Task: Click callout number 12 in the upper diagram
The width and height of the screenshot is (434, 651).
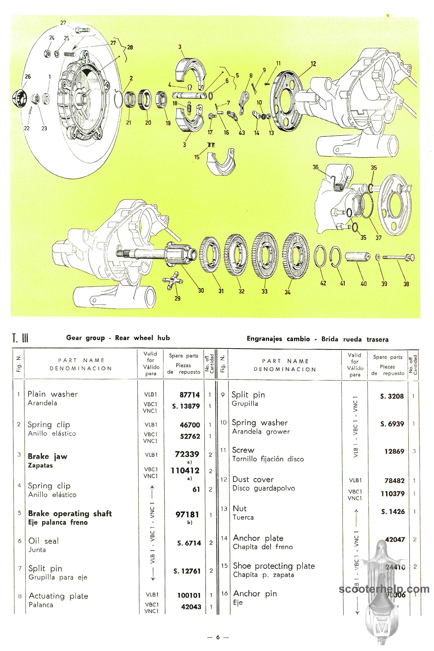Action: (313, 64)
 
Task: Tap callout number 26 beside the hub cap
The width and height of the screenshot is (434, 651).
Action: (28, 77)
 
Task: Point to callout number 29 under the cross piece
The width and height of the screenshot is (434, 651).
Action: (177, 298)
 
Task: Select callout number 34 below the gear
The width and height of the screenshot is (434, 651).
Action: (288, 292)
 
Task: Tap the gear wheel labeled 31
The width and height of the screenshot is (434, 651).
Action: (210, 254)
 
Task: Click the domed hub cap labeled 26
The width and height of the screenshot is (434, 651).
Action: (18, 98)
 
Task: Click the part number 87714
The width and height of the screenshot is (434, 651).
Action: (190, 395)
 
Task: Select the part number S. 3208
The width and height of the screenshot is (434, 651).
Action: (392, 396)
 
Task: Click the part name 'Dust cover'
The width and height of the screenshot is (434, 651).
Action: (253, 479)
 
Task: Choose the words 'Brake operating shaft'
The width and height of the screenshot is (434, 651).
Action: (70, 513)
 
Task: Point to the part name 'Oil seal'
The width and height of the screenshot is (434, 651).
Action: (43, 541)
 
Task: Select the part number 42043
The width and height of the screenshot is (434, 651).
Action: (191, 607)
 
